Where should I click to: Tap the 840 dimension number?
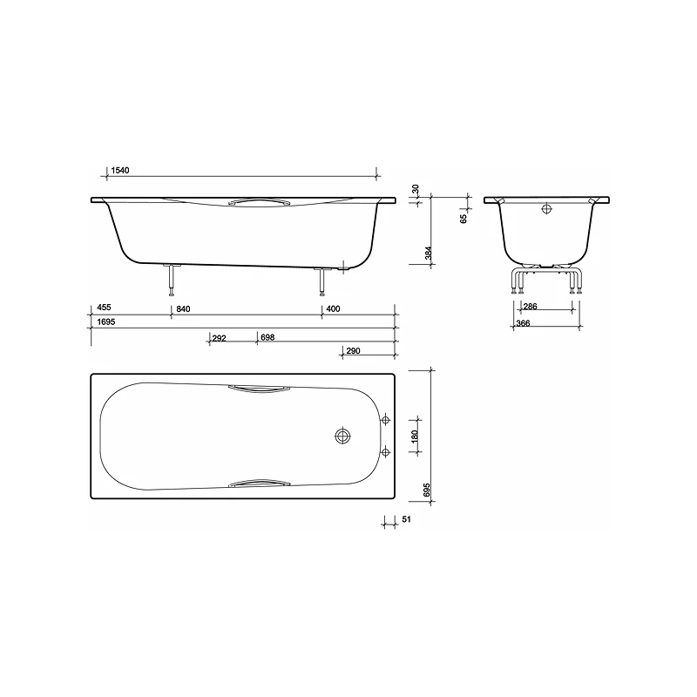tap(183, 308)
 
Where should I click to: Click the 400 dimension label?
tap(334, 308)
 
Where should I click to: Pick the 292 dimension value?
tap(219, 336)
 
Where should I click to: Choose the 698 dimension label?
tap(267, 336)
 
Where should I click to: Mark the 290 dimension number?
tap(353, 350)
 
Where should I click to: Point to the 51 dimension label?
tap(405, 520)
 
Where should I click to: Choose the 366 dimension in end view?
tap(523, 323)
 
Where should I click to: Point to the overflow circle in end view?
tap(546, 209)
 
